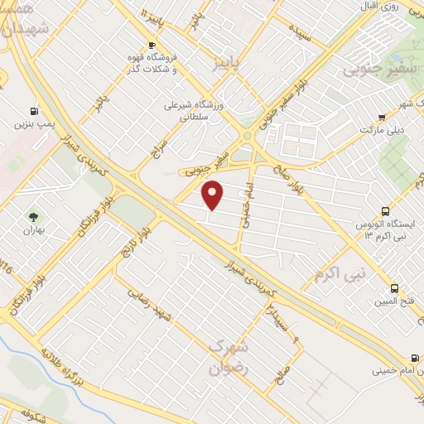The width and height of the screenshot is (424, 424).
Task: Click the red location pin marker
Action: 214,195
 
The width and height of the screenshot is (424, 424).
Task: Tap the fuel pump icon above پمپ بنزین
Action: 33,111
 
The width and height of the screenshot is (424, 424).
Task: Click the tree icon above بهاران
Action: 33,193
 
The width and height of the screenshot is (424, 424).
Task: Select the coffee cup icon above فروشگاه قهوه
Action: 151,45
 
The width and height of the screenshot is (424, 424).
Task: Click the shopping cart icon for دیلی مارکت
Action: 381,118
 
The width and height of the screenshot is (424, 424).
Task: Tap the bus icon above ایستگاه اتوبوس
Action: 384,212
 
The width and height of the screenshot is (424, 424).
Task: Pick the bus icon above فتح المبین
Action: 393,289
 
